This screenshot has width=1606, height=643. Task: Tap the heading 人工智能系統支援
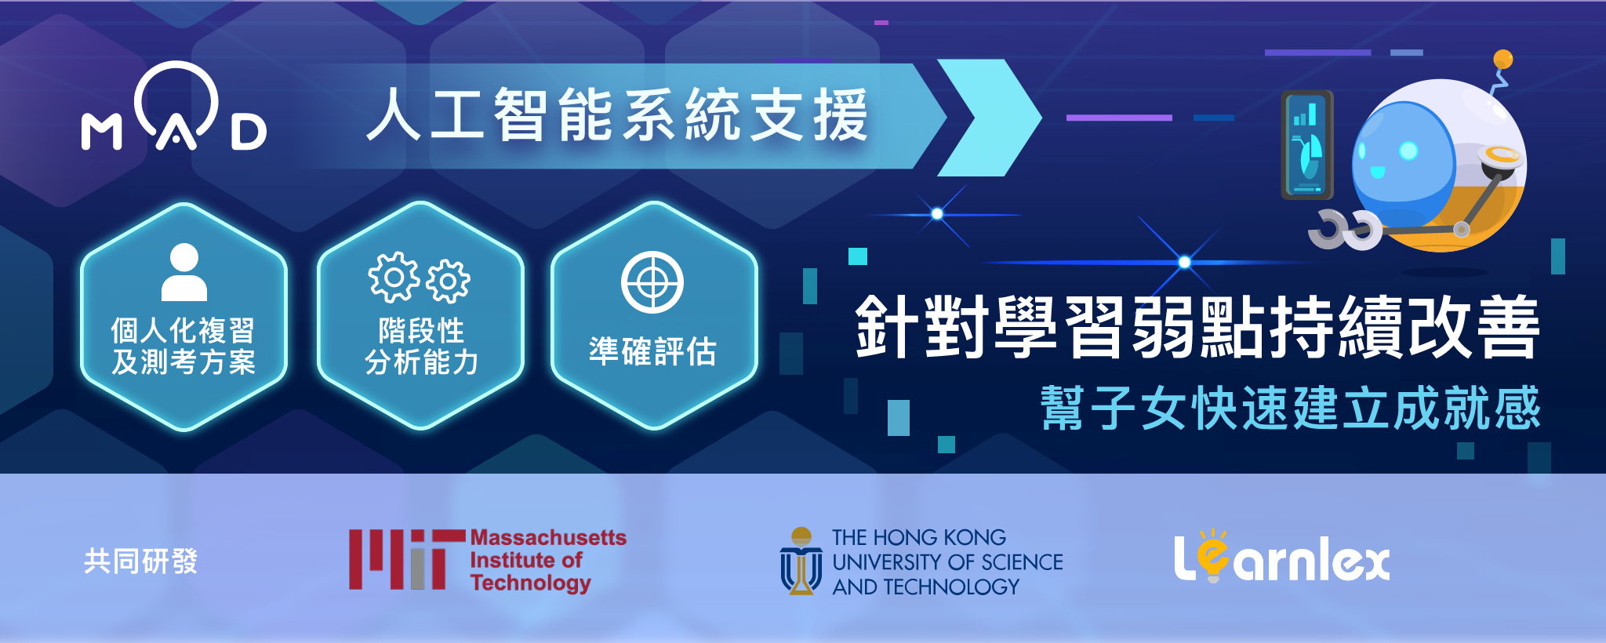[x=618, y=115]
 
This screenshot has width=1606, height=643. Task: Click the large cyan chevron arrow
[x=990, y=118]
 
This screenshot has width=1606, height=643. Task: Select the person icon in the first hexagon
[x=184, y=272]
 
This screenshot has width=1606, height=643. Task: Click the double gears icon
[x=420, y=278]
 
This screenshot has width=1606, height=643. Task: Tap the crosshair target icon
[x=652, y=282]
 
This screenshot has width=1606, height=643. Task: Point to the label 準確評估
[x=652, y=351]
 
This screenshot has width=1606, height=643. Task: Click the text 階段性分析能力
[x=421, y=346]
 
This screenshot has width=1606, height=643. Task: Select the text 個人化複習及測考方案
[x=183, y=346]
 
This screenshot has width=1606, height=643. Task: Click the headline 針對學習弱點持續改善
[x=1197, y=327]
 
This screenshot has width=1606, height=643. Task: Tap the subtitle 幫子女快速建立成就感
[x=1291, y=408]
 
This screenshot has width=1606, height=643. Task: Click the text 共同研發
[x=141, y=561]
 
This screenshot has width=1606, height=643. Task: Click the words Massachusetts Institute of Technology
[x=548, y=560]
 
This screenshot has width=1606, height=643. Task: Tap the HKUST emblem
[x=801, y=561]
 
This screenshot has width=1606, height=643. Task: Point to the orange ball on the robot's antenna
[x=1503, y=59]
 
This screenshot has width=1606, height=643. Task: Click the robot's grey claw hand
[x=1344, y=230]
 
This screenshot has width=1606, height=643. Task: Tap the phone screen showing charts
[x=1306, y=146]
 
